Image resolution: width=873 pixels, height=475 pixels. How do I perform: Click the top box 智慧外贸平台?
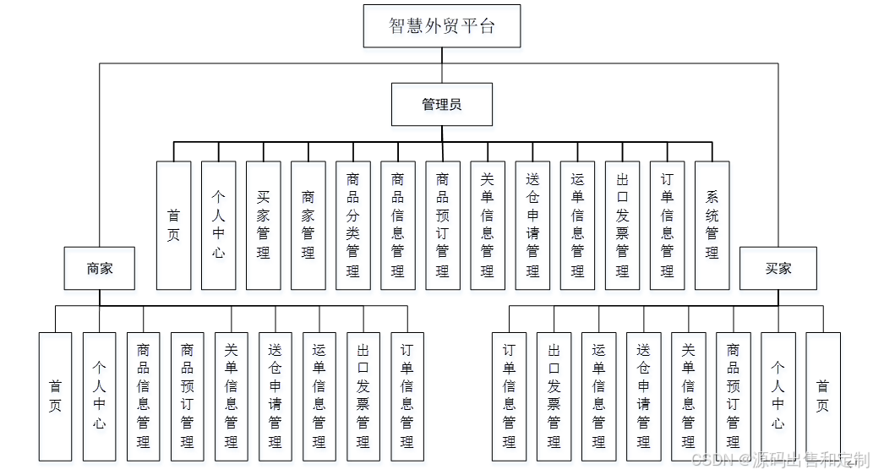[441, 25]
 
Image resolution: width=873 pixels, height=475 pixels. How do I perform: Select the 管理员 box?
[441, 104]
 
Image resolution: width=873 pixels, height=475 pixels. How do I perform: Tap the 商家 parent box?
[99, 268]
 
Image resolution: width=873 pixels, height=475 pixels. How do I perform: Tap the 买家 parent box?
[778, 268]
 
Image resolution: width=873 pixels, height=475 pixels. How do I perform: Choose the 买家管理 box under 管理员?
[263, 225]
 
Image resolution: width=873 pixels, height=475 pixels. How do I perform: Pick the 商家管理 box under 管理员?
[308, 225]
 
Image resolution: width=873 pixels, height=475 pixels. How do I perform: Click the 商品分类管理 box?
[352, 225]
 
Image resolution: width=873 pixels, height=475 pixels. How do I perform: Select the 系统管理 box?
[712, 225]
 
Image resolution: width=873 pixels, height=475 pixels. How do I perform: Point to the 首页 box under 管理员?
[173, 225]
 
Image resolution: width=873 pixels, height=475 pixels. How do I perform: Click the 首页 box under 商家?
[55, 396]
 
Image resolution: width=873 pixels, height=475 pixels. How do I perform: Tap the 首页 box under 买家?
[822, 396]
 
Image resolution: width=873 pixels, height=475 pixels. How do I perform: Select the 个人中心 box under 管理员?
[218, 225]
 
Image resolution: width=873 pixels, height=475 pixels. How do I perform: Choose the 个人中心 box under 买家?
[778, 396]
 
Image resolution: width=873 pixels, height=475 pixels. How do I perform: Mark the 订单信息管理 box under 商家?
[406, 396]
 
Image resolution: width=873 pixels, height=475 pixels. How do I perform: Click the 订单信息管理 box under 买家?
[509, 396]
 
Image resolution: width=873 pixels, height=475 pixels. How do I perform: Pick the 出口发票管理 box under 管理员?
[622, 225]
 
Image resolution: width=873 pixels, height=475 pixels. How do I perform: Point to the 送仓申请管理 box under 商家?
[275, 396]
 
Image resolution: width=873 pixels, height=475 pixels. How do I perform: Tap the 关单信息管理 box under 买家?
[688, 396]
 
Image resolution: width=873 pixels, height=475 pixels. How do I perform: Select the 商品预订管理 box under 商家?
[187, 396]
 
